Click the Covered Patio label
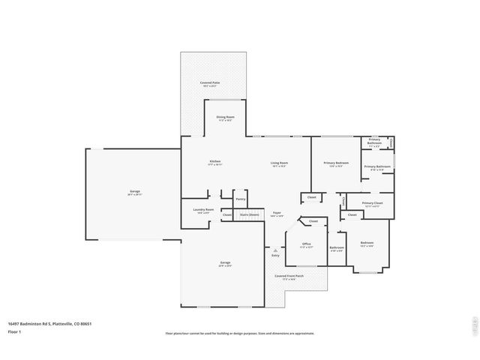(x=210, y=83)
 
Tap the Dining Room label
(x=226, y=118)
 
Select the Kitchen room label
(x=214, y=162)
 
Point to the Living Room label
(x=279, y=163)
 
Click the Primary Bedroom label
(x=336, y=163)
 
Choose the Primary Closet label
(x=372, y=203)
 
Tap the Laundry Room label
(x=204, y=211)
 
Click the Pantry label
(x=241, y=199)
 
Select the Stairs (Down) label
(x=250, y=214)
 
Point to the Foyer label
(x=277, y=213)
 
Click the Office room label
(x=306, y=244)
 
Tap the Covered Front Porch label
(x=289, y=276)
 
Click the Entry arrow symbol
(x=275, y=250)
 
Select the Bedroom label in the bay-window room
(x=367, y=243)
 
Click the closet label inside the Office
(x=313, y=221)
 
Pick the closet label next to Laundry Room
(x=226, y=214)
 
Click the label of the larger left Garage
(x=134, y=192)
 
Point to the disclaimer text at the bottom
(x=240, y=333)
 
